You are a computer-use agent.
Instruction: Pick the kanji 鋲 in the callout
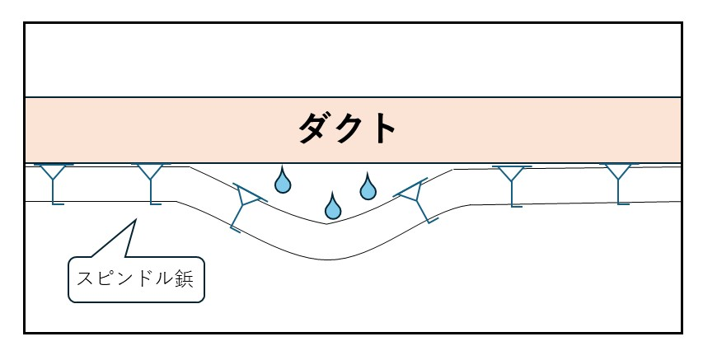[182, 278]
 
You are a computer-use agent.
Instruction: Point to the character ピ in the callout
[105, 278]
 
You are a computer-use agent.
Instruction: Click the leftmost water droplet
[283, 180]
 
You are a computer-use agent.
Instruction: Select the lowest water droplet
[332, 207]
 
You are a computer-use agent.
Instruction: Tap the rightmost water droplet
[368, 188]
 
